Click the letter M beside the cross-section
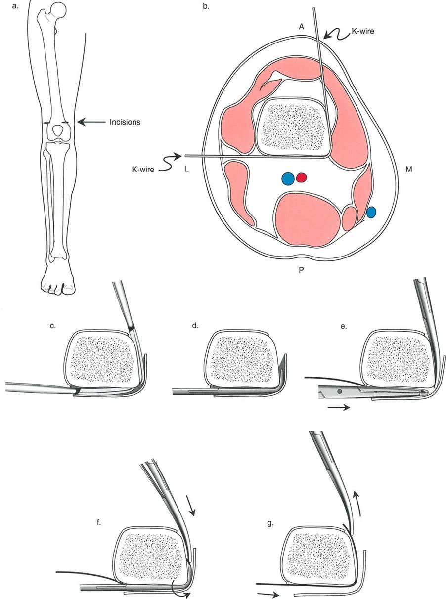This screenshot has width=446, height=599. click(409, 170)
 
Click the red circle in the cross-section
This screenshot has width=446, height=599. click(302, 177)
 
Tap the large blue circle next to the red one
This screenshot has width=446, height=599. click(287, 178)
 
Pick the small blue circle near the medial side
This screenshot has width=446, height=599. click(371, 212)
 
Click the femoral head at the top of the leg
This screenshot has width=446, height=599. click(59, 8)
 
